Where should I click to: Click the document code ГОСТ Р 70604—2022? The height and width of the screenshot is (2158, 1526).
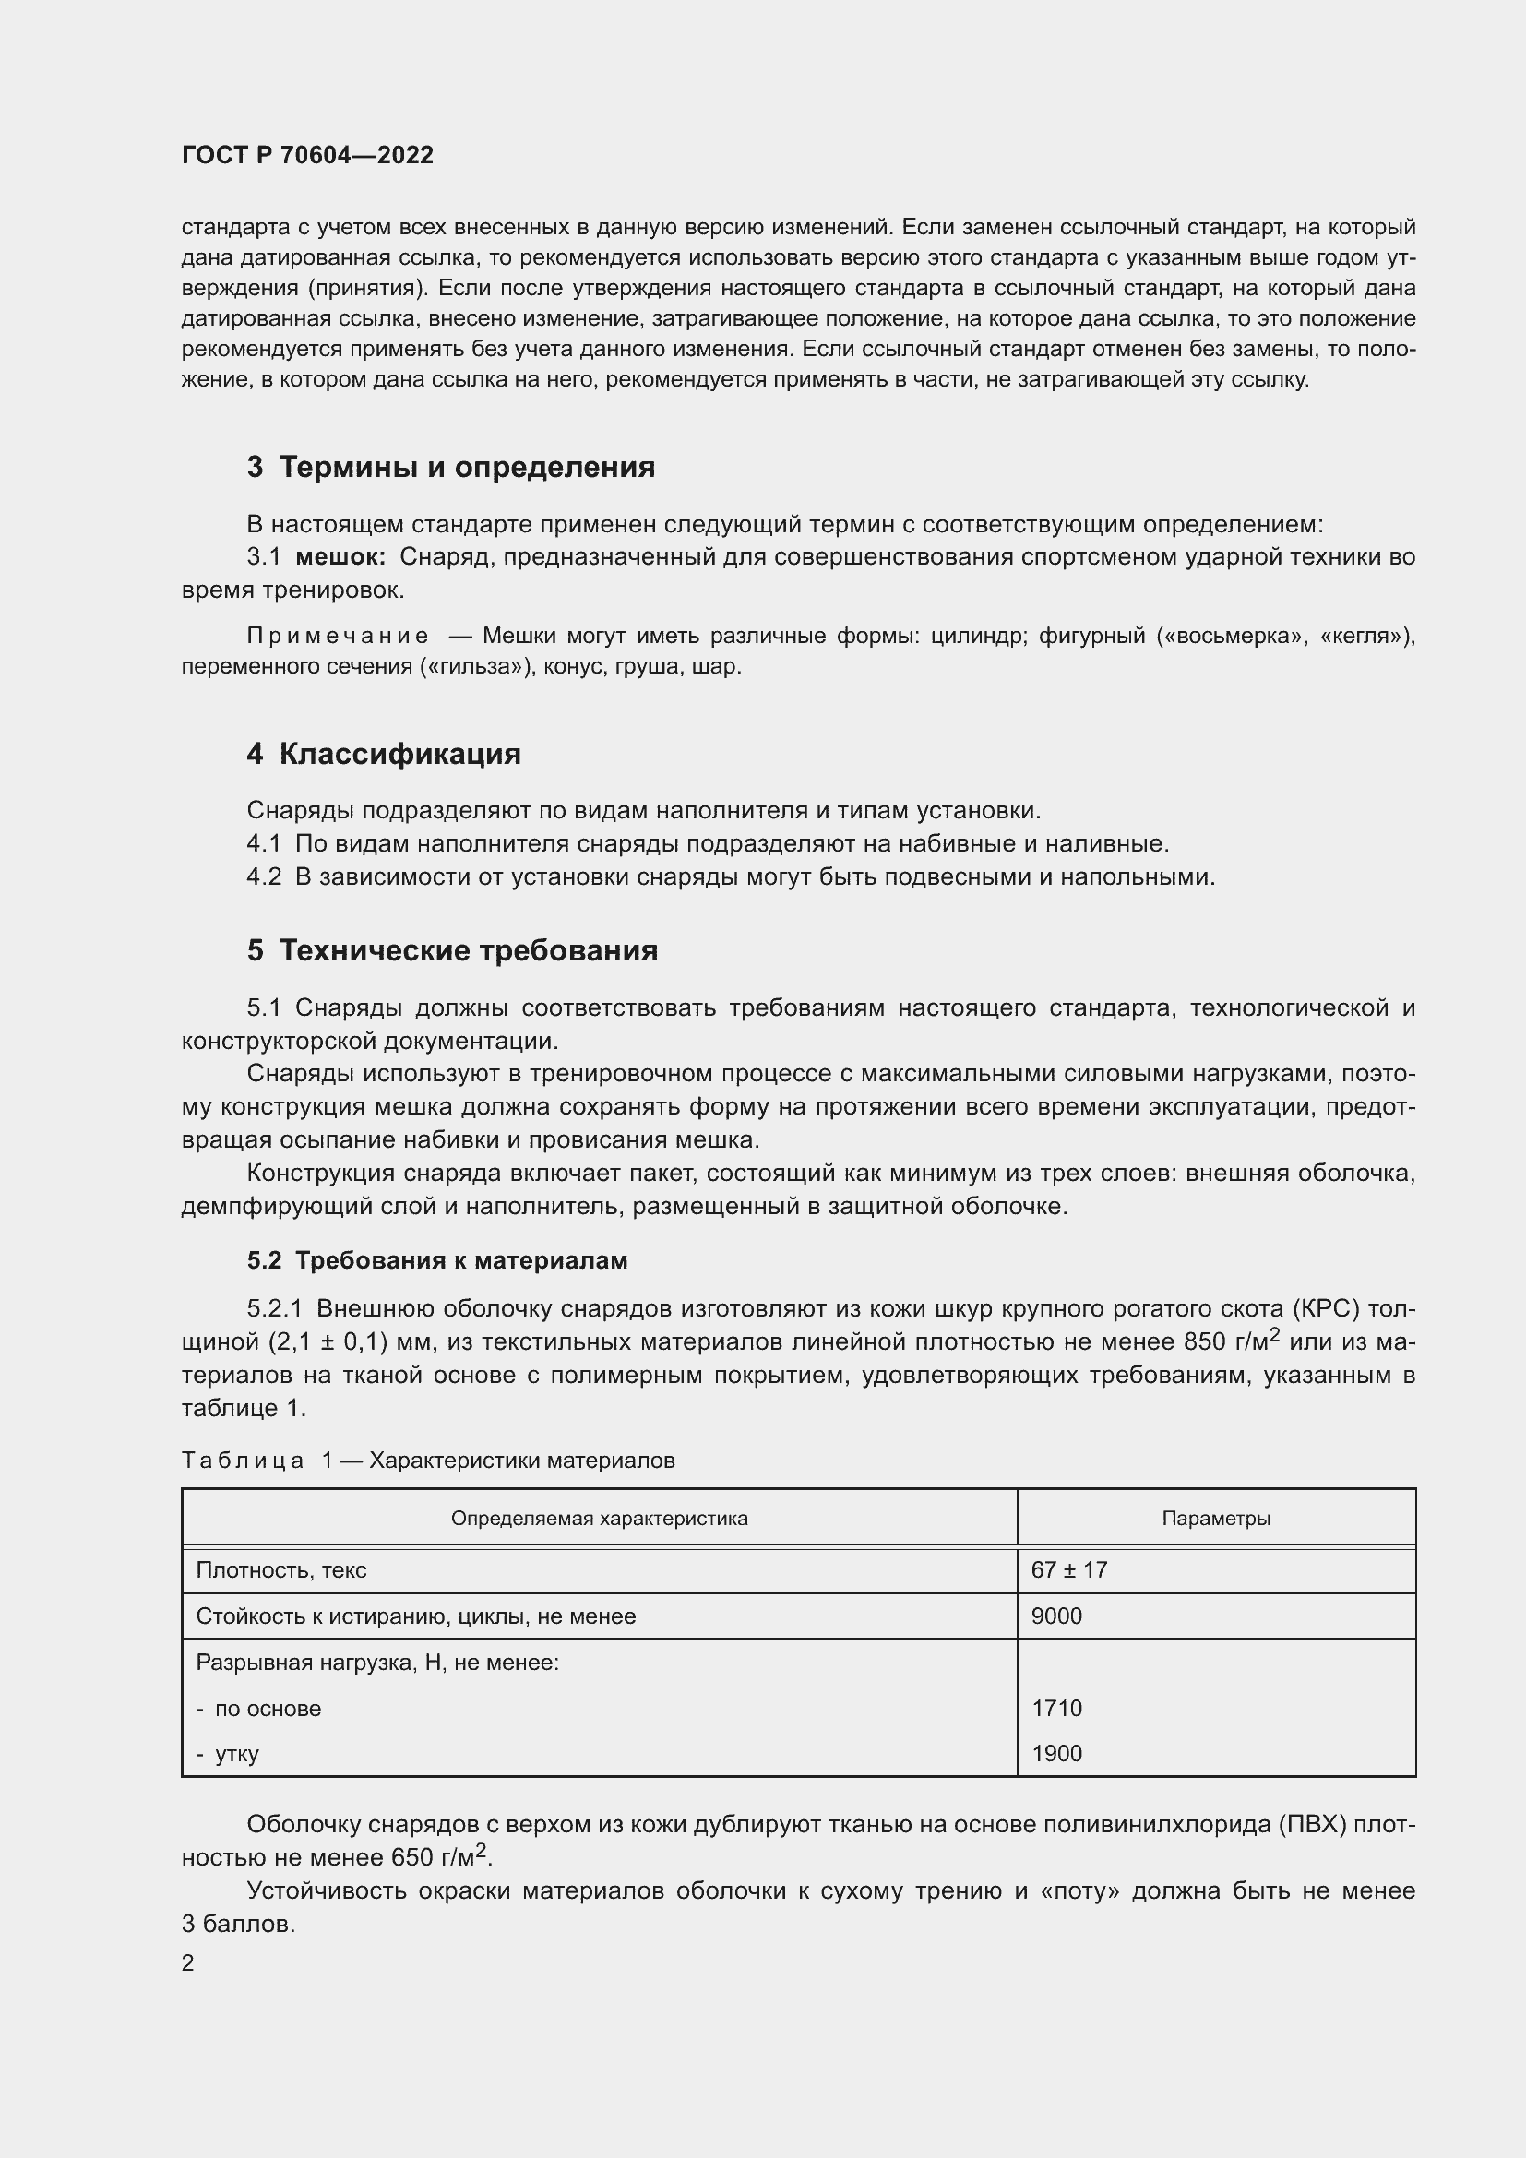coord(307,155)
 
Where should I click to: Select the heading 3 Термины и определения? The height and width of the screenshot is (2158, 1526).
coord(450,467)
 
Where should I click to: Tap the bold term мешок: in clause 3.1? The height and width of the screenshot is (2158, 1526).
coord(340,557)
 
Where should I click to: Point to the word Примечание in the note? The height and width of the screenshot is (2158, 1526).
coord(338,637)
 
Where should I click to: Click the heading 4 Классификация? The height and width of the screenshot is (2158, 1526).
coord(384,754)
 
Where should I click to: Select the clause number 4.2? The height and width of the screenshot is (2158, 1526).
coord(263,876)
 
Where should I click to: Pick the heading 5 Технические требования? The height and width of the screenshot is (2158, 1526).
coord(452,950)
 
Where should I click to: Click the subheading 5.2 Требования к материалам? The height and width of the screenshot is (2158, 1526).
coord(437,1260)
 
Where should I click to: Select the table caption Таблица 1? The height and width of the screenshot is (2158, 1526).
coord(256,1460)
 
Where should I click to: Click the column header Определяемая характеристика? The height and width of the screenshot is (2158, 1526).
coord(599,1518)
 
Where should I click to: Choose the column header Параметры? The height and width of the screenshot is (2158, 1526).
coord(1215,1518)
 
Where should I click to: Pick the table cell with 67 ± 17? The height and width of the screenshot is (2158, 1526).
coord(1068,1569)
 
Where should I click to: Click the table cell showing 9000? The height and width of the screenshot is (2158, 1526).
coord(1056,1616)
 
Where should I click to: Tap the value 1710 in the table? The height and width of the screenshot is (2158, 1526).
coord(1056,1708)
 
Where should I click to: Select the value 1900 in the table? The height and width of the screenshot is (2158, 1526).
coord(1056,1753)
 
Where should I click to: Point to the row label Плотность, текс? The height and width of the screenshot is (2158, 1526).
coord(281,1569)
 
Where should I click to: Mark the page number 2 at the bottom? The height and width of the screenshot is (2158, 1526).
coord(188,1962)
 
